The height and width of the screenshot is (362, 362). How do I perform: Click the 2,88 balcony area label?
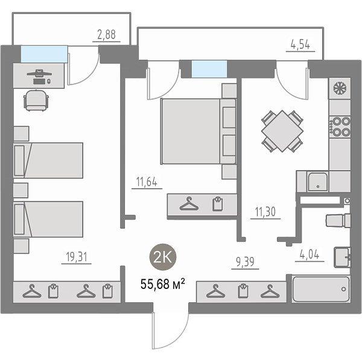coord(106,34)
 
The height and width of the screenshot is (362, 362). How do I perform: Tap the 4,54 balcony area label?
coord(300,44)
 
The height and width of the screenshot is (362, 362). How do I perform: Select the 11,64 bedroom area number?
coord(147,182)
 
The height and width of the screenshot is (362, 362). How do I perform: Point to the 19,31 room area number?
coord(77,257)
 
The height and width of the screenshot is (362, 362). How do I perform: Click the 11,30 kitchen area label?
coord(265,212)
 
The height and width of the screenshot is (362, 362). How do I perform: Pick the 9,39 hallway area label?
coord(245,262)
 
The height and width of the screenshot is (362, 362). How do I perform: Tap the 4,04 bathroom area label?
coord(310,254)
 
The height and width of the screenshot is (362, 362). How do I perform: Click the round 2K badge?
coord(163,257)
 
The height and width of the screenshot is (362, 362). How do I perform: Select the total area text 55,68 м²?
coord(163,284)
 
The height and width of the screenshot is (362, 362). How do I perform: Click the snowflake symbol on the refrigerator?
coord(340,89)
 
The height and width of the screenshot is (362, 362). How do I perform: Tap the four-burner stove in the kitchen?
coord(340,127)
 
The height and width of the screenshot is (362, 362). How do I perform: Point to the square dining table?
coord(282,131)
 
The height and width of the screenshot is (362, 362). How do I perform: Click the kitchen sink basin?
coord(318,182)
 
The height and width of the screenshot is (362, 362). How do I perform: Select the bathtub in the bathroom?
coord(321,288)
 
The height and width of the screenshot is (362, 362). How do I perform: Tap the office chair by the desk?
coord(36,100)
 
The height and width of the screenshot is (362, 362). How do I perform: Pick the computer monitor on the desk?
coord(39,74)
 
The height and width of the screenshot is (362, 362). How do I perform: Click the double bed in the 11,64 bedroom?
coord(198,132)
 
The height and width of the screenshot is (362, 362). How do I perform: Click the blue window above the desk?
coord(44,54)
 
